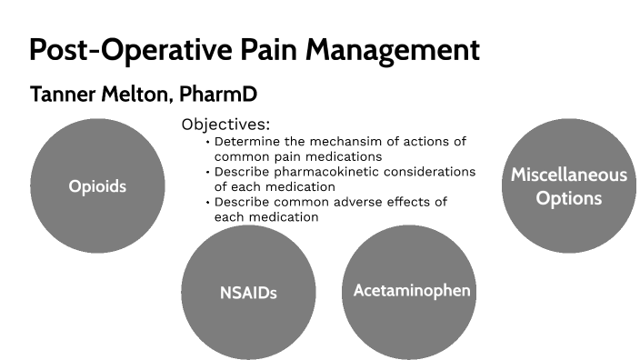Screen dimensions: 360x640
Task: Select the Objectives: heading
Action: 225,125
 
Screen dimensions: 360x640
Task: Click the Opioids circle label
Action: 97,187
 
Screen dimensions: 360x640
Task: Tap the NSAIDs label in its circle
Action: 248,293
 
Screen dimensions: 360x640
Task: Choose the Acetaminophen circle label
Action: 412,290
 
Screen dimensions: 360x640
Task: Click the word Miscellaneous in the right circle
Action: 569,175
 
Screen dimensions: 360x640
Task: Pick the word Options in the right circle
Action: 569,197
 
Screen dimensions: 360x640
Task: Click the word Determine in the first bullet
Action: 246,141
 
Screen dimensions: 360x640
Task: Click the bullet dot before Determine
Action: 208,142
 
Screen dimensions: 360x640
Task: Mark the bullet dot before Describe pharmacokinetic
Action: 208,173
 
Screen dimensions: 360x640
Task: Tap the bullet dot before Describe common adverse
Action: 208,203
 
